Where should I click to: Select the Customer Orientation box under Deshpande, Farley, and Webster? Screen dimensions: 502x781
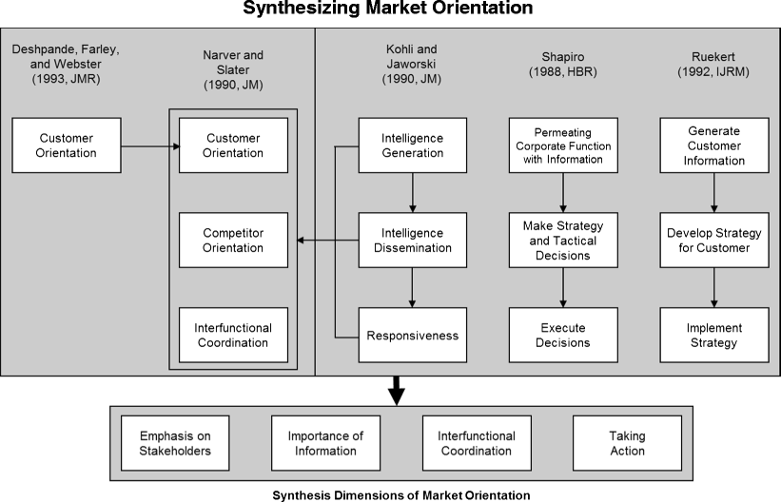click(67, 145)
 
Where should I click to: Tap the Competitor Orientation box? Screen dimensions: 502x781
click(233, 241)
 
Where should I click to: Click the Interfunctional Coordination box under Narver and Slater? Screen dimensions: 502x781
click(233, 335)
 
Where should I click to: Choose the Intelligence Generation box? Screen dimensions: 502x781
click(413, 145)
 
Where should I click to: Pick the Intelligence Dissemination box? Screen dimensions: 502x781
click(413, 241)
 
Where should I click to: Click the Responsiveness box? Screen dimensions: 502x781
click(413, 335)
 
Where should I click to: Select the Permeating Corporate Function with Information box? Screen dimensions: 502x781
click(563, 145)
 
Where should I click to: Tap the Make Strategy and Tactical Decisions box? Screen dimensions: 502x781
click(563, 241)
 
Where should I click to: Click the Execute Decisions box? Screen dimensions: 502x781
click(563, 335)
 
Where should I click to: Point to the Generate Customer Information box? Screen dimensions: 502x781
click(713, 145)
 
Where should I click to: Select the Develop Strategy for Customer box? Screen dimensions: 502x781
click(713, 241)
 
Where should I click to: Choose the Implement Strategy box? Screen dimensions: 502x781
click(713, 335)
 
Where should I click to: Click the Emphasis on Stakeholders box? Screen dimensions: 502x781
click(174, 443)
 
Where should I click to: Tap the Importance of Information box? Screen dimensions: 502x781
click(325, 443)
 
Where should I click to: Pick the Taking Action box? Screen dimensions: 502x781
click(627, 443)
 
